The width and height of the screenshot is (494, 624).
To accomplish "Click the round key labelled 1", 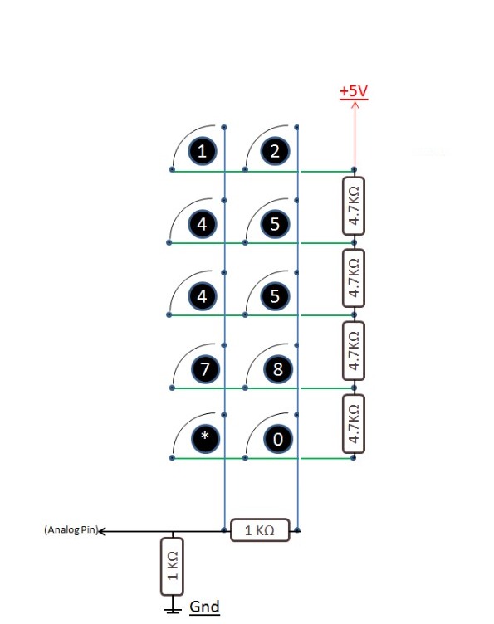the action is [x=202, y=151].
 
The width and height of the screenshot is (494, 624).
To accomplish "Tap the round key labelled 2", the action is [x=275, y=151].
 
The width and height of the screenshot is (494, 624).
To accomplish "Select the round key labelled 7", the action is [x=205, y=368].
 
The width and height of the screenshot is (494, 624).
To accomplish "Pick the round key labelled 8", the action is [x=278, y=368].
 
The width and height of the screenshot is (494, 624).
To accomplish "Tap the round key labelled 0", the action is [x=278, y=439].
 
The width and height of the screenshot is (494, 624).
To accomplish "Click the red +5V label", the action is [x=354, y=91].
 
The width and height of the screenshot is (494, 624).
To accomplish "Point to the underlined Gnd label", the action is [x=204, y=607].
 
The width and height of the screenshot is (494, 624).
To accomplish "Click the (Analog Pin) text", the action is [x=71, y=529].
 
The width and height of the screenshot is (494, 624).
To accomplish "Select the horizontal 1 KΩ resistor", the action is [x=260, y=530].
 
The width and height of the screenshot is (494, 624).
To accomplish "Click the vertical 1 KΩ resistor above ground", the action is [x=172, y=566].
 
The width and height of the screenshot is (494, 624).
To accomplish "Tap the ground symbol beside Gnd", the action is [x=173, y=608].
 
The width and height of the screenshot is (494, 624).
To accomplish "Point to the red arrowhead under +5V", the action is [x=355, y=105].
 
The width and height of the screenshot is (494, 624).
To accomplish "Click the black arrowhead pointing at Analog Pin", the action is [x=102, y=531].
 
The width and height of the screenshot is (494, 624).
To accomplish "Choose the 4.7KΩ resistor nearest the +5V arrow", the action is [x=354, y=206].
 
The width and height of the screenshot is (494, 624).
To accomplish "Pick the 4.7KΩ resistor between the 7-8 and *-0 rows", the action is [x=354, y=424].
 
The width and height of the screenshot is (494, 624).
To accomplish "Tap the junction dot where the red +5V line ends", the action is [x=354, y=170].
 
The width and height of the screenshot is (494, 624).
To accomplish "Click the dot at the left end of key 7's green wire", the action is [x=172, y=388].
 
